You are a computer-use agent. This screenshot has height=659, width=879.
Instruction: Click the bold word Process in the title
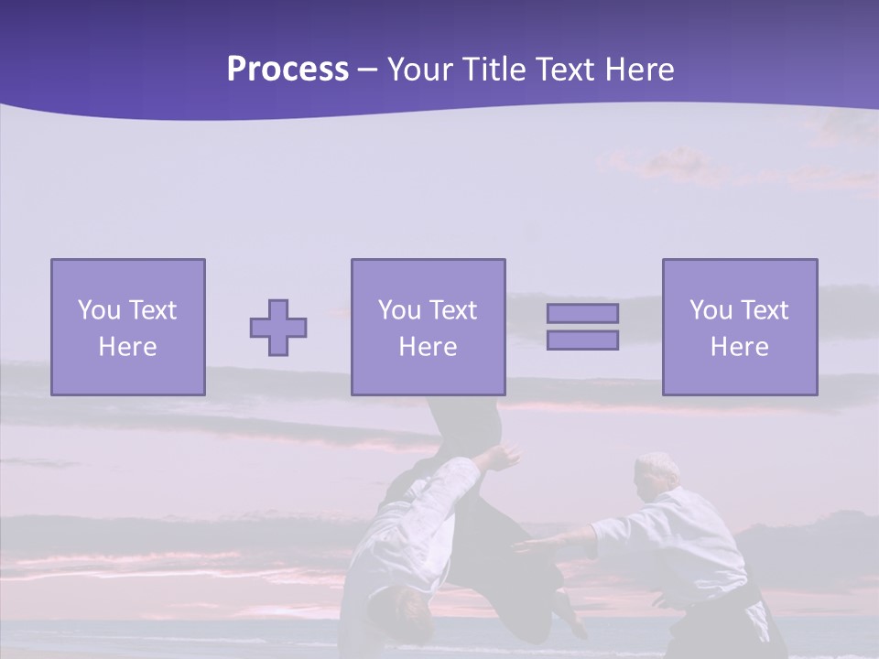pos(288,70)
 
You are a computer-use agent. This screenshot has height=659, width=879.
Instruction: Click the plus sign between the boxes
pos(278,328)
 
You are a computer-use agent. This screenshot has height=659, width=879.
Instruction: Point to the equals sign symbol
pos(582,327)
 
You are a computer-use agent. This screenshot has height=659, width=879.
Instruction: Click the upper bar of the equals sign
pos(582,313)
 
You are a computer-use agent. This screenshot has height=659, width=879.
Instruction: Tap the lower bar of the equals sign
pos(582,340)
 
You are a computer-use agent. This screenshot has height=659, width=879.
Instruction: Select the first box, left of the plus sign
pos(128,327)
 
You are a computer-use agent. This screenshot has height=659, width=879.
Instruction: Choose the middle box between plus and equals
pos(428,327)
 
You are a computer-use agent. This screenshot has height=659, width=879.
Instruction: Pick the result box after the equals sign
pos(739,327)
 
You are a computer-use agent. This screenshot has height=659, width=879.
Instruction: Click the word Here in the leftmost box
pos(127,347)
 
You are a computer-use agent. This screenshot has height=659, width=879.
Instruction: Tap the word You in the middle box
pos(399,310)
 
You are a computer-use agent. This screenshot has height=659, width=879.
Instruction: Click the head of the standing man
pos(658,470)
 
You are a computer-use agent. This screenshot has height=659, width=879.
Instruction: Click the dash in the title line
pos(368,70)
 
